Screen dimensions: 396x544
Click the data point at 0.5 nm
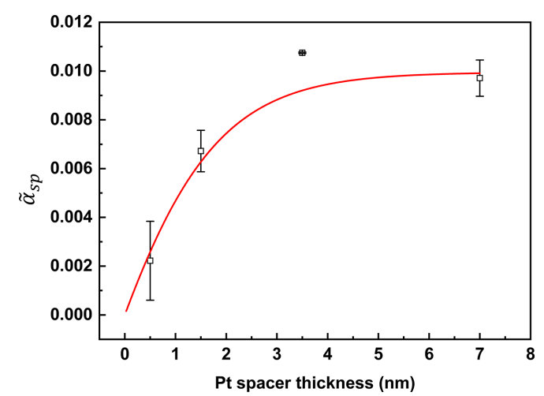click(150, 260)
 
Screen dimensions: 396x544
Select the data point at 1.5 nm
click(201, 151)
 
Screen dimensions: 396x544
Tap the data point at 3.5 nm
click(302, 53)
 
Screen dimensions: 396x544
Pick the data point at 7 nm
click(479, 78)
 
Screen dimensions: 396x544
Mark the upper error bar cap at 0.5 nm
click(150, 222)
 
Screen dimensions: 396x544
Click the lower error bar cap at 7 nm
click(479, 95)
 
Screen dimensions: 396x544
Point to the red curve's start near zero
click(126, 311)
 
